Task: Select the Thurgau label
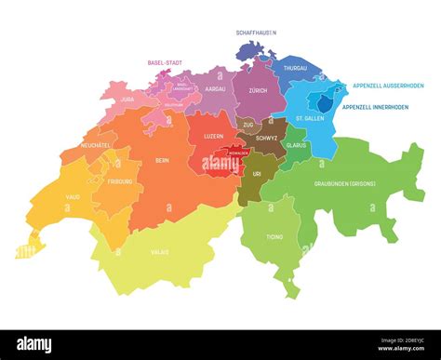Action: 295,68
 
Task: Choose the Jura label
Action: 129,97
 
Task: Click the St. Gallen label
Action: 310,119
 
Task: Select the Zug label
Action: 247,123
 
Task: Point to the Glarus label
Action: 297,145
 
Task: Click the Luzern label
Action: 212,137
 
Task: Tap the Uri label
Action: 257,173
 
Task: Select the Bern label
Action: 162,159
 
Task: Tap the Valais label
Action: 160,251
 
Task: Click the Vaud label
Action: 72,197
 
